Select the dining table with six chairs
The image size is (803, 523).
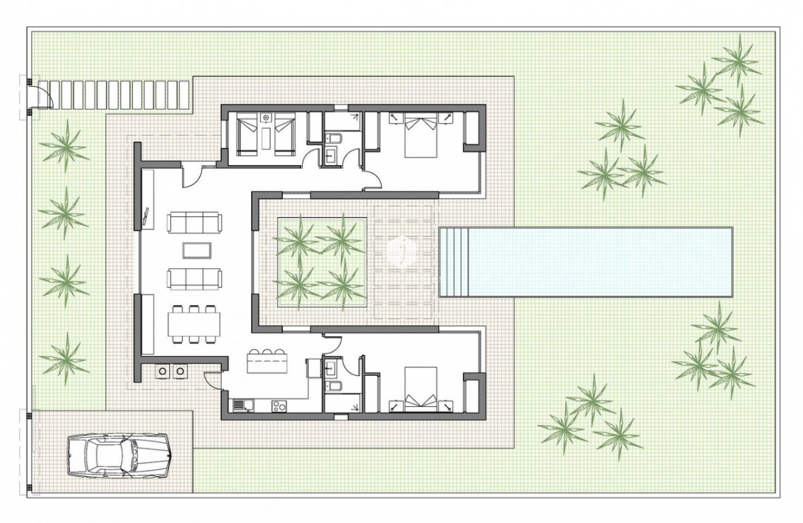point(194,324)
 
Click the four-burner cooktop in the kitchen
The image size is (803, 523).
point(280,404)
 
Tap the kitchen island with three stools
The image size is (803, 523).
point(267,363)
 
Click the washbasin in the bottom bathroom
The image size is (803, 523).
point(333,367)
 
